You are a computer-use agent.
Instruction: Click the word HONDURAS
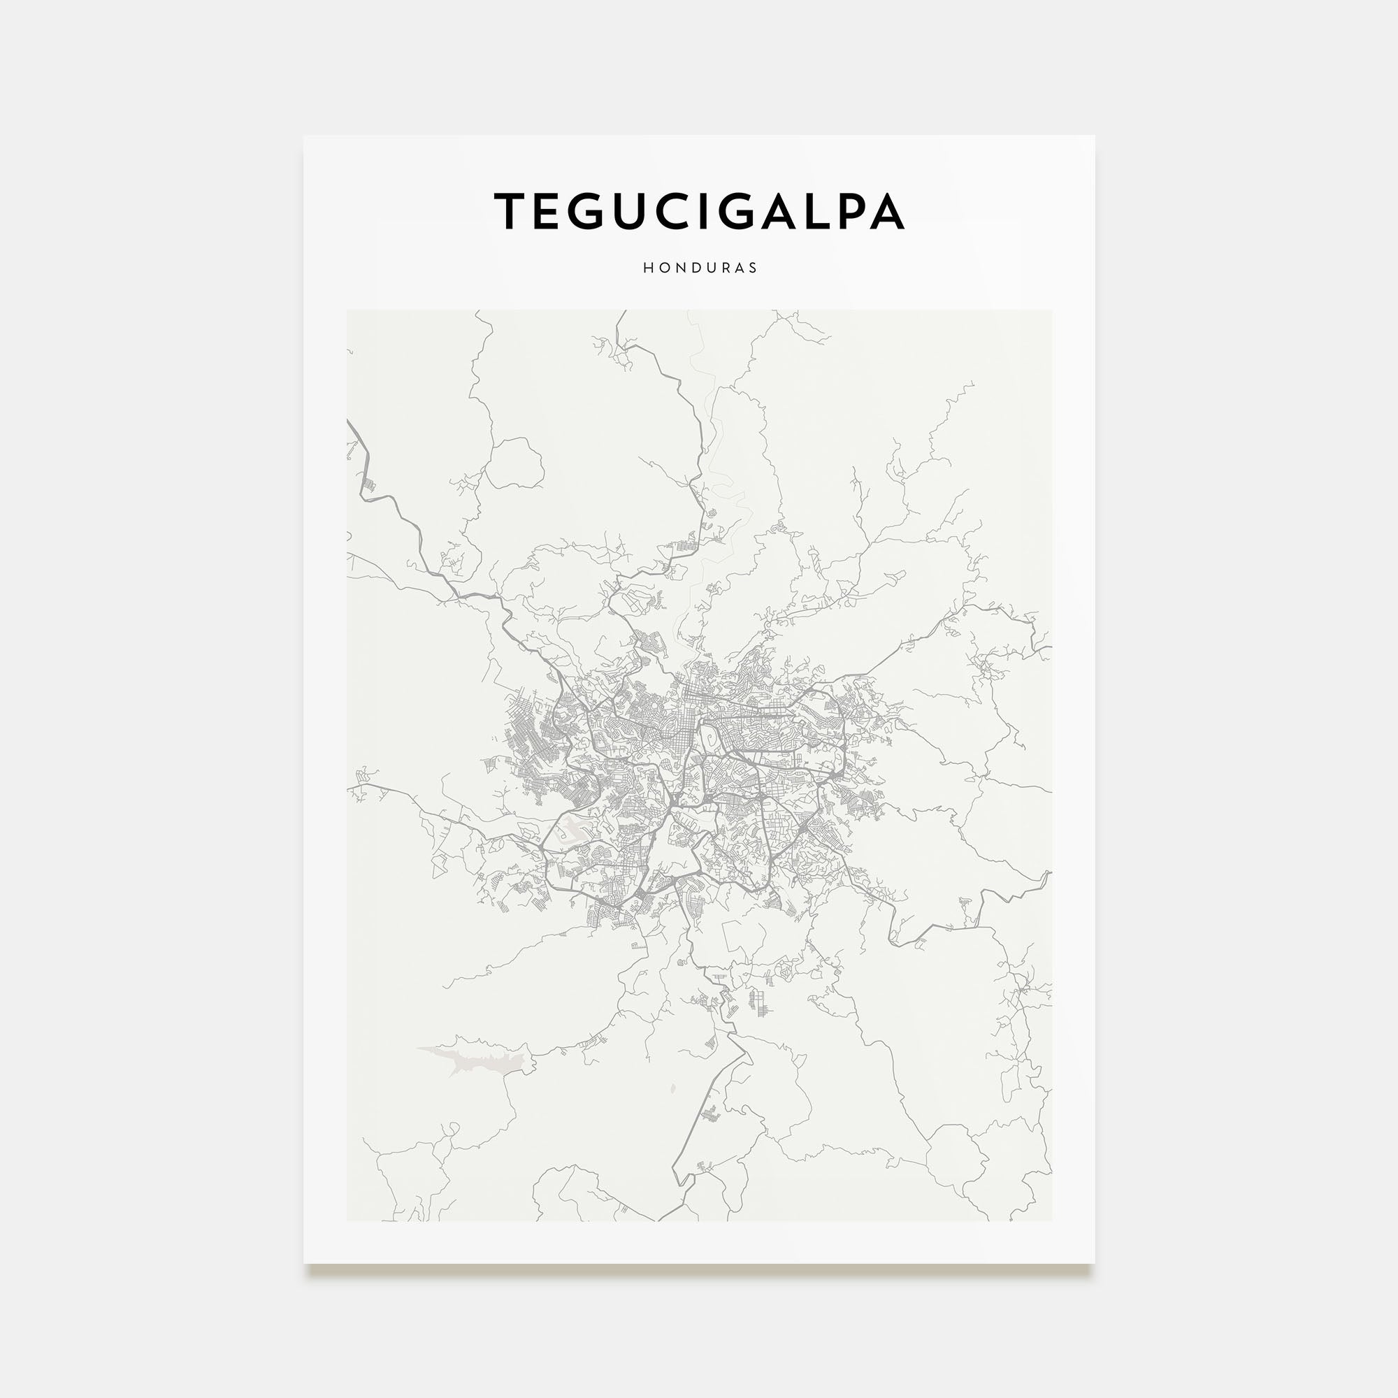pos(700,268)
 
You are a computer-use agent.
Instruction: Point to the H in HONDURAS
pos(648,268)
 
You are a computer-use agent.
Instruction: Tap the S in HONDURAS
pos(754,268)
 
